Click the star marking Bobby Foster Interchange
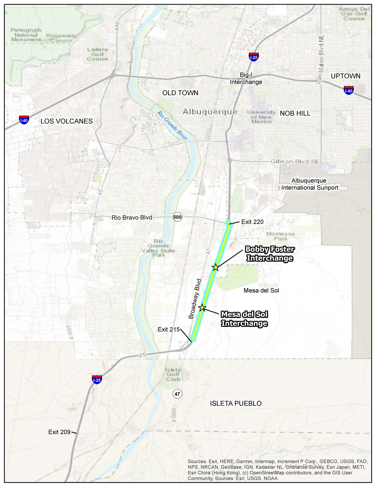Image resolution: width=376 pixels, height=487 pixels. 216,267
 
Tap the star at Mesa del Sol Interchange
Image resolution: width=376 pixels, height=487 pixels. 202,308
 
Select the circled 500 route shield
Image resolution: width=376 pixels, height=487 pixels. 177,217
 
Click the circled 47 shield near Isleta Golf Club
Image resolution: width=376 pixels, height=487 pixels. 177,394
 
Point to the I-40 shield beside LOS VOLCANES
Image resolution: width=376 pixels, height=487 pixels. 24,120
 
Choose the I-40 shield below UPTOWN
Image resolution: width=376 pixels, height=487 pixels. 348,90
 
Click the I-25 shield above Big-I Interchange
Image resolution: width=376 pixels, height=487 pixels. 253,57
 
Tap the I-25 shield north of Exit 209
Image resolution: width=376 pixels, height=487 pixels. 97,379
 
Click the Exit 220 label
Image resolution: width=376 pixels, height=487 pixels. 252,222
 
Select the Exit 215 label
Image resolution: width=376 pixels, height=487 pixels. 169,329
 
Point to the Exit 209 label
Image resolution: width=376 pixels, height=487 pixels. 59,432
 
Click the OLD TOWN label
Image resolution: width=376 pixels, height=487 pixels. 180,93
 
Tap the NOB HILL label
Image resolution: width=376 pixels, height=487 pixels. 295,113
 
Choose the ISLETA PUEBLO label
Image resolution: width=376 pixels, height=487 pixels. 236,404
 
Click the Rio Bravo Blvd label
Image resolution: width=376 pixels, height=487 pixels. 132,217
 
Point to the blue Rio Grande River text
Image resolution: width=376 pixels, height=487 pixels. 172,125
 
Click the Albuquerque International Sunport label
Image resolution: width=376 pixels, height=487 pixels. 310,184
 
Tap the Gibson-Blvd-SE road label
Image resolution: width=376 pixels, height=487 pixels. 295,161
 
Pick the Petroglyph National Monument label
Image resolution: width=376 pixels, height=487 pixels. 26,35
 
